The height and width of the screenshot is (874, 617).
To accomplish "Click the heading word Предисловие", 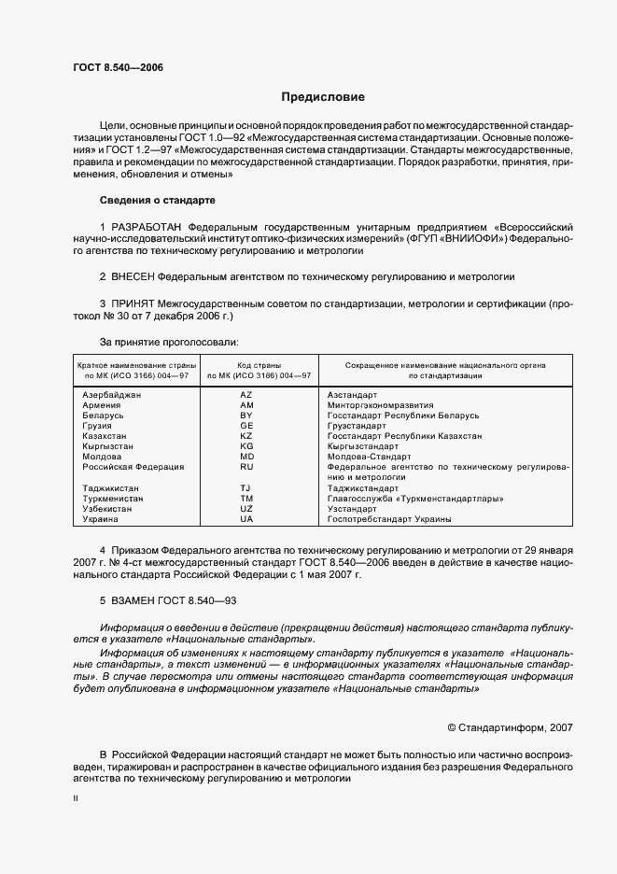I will (x=323, y=97).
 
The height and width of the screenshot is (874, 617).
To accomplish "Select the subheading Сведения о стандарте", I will (x=157, y=200).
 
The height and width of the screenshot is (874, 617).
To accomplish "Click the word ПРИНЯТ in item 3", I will (x=132, y=303).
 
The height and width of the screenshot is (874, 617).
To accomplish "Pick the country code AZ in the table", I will (x=246, y=396).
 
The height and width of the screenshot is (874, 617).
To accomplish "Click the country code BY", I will (x=246, y=416).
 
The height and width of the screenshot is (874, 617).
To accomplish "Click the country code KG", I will (x=246, y=446).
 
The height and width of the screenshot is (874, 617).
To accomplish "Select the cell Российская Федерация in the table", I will (x=133, y=466).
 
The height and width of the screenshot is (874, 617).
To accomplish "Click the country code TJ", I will (x=245, y=488).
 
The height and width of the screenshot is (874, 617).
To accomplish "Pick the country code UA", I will (x=246, y=519).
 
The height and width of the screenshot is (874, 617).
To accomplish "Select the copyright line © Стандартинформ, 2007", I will (x=511, y=726).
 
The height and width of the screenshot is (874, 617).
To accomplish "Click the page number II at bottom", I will (x=76, y=799).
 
